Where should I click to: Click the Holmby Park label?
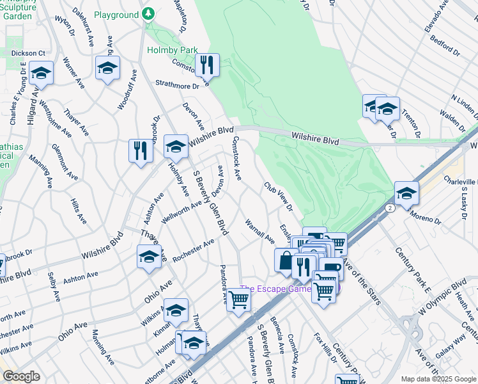[169, 49]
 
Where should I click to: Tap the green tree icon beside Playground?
[148, 13]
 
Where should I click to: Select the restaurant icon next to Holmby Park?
[207, 65]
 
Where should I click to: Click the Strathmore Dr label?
[178, 84]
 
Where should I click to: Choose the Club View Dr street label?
[279, 196]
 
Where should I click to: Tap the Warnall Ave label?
[259, 231]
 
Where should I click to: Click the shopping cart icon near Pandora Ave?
[238, 298]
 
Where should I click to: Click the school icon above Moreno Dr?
[406, 192]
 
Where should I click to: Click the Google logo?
[21, 376]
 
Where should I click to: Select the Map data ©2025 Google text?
[438, 379]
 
